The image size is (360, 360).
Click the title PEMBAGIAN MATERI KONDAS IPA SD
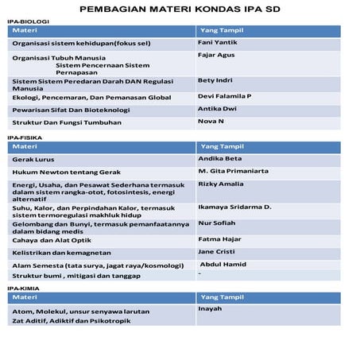[180, 9]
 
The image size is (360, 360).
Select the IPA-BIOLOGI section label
[25, 22]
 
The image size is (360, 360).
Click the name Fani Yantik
[217, 41]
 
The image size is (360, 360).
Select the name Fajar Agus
[217, 56]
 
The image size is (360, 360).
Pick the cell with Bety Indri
[215, 80]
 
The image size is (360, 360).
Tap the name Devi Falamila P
[225, 95]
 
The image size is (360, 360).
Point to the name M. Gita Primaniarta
[234, 171]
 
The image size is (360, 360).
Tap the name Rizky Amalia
[220, 184]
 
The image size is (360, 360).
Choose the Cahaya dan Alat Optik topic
[51, 239]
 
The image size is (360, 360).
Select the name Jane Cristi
[217, 251]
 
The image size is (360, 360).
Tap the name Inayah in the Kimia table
[211, 308]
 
